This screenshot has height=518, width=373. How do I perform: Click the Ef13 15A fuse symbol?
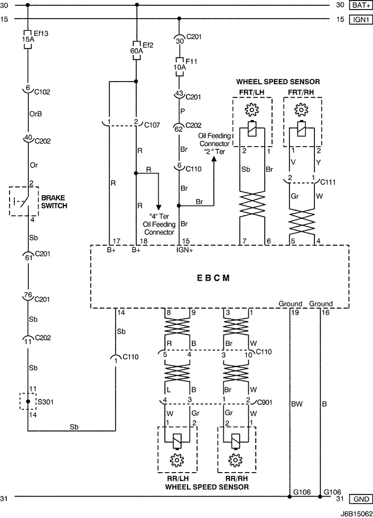pyautogui.click(x=27, y=41)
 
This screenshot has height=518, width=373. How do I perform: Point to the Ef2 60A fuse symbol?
pyautogui.click(x=136, y=46)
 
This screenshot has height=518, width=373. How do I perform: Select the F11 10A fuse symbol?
pyautogui.click(x=180, y=66)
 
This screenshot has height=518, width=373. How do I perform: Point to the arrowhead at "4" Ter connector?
pyautogui.click(x=159, y=207)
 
